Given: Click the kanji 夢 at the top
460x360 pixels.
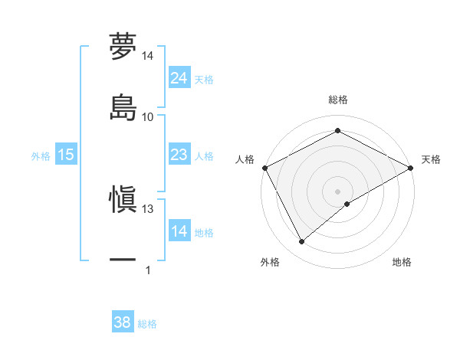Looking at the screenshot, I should click(x=123, y=47).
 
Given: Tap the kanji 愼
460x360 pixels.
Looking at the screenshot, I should click(x=123, y=200).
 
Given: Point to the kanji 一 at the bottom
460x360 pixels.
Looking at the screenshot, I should click(x=123, y=260).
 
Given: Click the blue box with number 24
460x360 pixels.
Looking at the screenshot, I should click(x=179, y=78).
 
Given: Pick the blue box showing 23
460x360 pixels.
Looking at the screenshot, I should click(x=179, y=155).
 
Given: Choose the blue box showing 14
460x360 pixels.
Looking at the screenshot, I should click(x=179, y=231).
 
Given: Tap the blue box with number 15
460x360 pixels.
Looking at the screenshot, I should click(x=66, y=155).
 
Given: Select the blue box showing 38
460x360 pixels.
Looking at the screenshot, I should click(x=123, y=322).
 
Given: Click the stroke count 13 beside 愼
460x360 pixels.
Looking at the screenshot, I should click(x=148, y=208).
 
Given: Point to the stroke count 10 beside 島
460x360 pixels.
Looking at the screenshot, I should click(x=148, y=116).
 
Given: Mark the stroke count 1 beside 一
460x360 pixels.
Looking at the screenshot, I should click(x=148, y=270).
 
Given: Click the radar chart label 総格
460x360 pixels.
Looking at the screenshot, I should click(x=338, y=100).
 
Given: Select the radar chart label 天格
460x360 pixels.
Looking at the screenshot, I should click(x=431, y=159).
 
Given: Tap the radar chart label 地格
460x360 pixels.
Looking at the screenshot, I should click(x=402, y=262).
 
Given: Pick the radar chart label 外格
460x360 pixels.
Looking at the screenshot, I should click(x=270, y=262).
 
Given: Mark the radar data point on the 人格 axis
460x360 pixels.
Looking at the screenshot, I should click(x=264, y=167).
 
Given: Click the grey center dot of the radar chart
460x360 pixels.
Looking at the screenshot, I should click(x=338, y=191).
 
